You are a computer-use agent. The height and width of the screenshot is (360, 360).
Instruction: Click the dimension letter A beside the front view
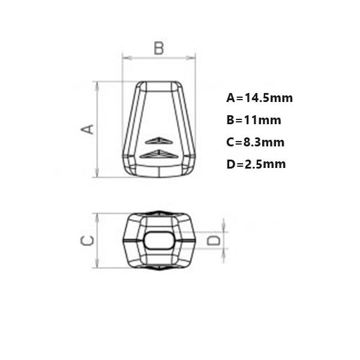88,129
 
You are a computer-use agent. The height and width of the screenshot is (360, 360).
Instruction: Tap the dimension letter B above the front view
158,48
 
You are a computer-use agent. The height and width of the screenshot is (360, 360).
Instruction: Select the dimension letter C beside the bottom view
87,241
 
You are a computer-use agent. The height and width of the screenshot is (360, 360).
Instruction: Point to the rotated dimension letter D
214,241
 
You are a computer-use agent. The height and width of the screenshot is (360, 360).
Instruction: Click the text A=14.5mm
259,98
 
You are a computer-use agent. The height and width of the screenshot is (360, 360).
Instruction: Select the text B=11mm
254,120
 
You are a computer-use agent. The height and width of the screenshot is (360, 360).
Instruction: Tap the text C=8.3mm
256,142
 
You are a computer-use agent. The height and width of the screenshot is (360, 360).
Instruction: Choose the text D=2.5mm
256,164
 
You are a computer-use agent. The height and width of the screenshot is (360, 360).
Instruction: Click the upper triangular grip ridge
158,141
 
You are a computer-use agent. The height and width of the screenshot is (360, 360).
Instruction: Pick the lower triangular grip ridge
158,154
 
